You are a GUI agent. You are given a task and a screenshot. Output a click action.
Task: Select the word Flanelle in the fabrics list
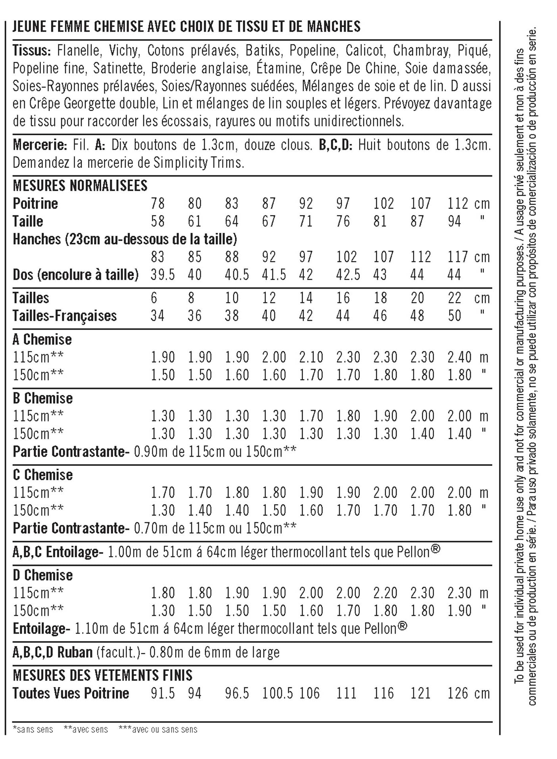tap(79, 51)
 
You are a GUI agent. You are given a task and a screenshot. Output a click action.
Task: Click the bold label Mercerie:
tap(40, 145)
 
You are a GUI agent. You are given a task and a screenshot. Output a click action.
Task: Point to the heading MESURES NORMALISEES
tap(80, 186)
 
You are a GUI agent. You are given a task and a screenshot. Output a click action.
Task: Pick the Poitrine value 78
tap(157, 203)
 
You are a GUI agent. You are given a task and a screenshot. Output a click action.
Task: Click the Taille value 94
tap(454, 221)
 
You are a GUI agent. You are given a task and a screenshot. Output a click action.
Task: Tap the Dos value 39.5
tap(163, 274)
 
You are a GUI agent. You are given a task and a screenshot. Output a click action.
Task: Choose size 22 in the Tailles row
tap(454, 298)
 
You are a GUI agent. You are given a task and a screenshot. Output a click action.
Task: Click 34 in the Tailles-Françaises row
tap(157, 316)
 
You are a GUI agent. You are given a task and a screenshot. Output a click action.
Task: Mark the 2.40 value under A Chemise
tap(459, 357)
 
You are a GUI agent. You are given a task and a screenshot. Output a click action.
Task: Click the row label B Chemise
tap(43, 398)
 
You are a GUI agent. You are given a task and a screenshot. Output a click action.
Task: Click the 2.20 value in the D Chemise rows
tap(385, 593)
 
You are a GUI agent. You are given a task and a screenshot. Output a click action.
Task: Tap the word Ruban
tap(75, 652)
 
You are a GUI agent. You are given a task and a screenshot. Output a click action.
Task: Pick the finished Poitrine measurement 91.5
tap(163, 693)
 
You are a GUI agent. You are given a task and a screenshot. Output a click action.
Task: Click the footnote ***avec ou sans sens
tap(158, 729)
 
